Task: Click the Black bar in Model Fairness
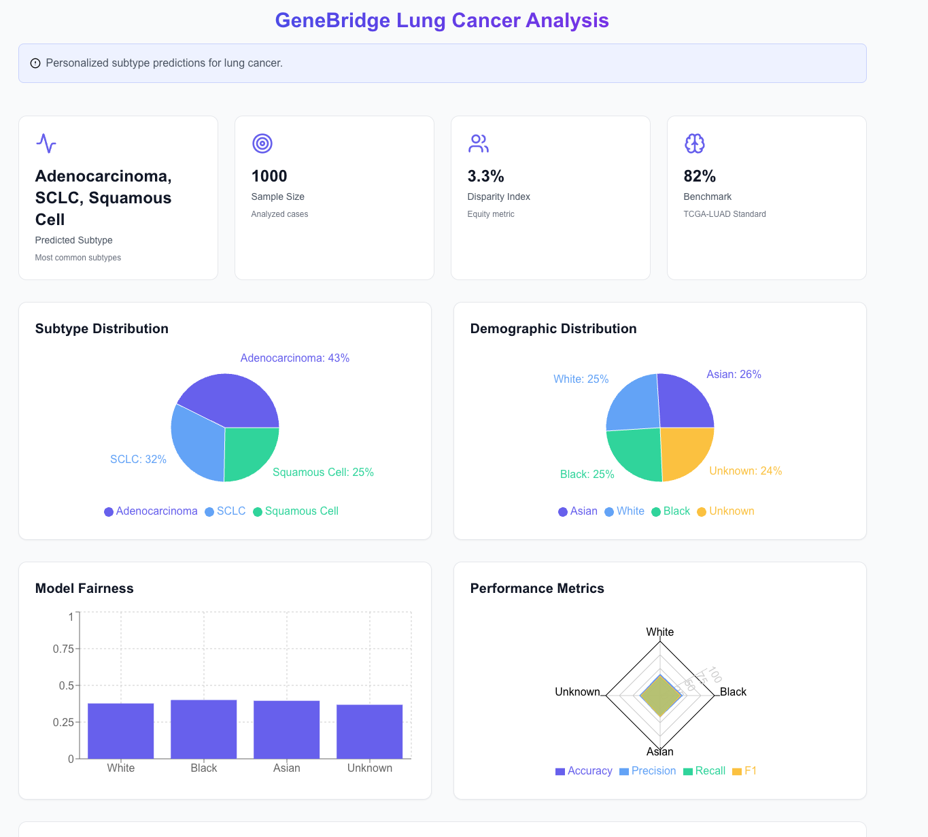(x=203, y=729)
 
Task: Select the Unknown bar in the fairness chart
(x=369, y=732)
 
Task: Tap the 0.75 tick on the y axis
(x=63, y=649)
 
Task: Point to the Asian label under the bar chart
(x=286, y=768)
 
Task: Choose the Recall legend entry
(x=704, y=771)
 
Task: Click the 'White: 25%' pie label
(x=581, y=379)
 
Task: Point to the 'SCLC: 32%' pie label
(x=138, y=460)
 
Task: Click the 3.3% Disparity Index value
(x=485, y=176)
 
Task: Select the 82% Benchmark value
(x=700, y=176)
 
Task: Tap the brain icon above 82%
(x=694, y=143)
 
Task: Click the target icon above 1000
(x=262, y=143)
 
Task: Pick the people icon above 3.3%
(x=479, y=143)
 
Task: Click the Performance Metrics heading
(x=537, y=588)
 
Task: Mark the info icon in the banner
(x=35, y=63)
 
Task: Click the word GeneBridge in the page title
(x=332, y=20)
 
